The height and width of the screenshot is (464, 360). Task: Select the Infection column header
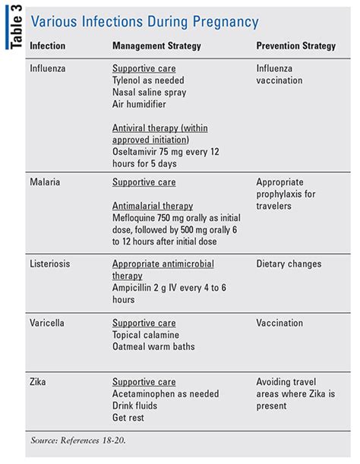click(x=47, y=46)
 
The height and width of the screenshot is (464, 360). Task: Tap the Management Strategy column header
click(x=156, y=46)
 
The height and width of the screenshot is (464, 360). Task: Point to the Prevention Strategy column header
click(x=295, y=46)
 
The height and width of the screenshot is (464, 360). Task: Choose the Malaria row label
click(x=46, y=182)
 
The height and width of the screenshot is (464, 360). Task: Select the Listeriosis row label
click(x=52, y=264)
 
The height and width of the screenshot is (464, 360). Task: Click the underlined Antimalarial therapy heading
click(x=153, y=206)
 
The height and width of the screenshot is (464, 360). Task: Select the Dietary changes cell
click(x=289, y=264)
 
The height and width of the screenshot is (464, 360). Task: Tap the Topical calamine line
click(x=147, y=335)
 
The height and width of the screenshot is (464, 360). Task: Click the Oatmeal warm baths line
click(x=153, y=347)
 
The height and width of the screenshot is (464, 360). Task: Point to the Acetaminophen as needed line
click(x=166, y=393)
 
